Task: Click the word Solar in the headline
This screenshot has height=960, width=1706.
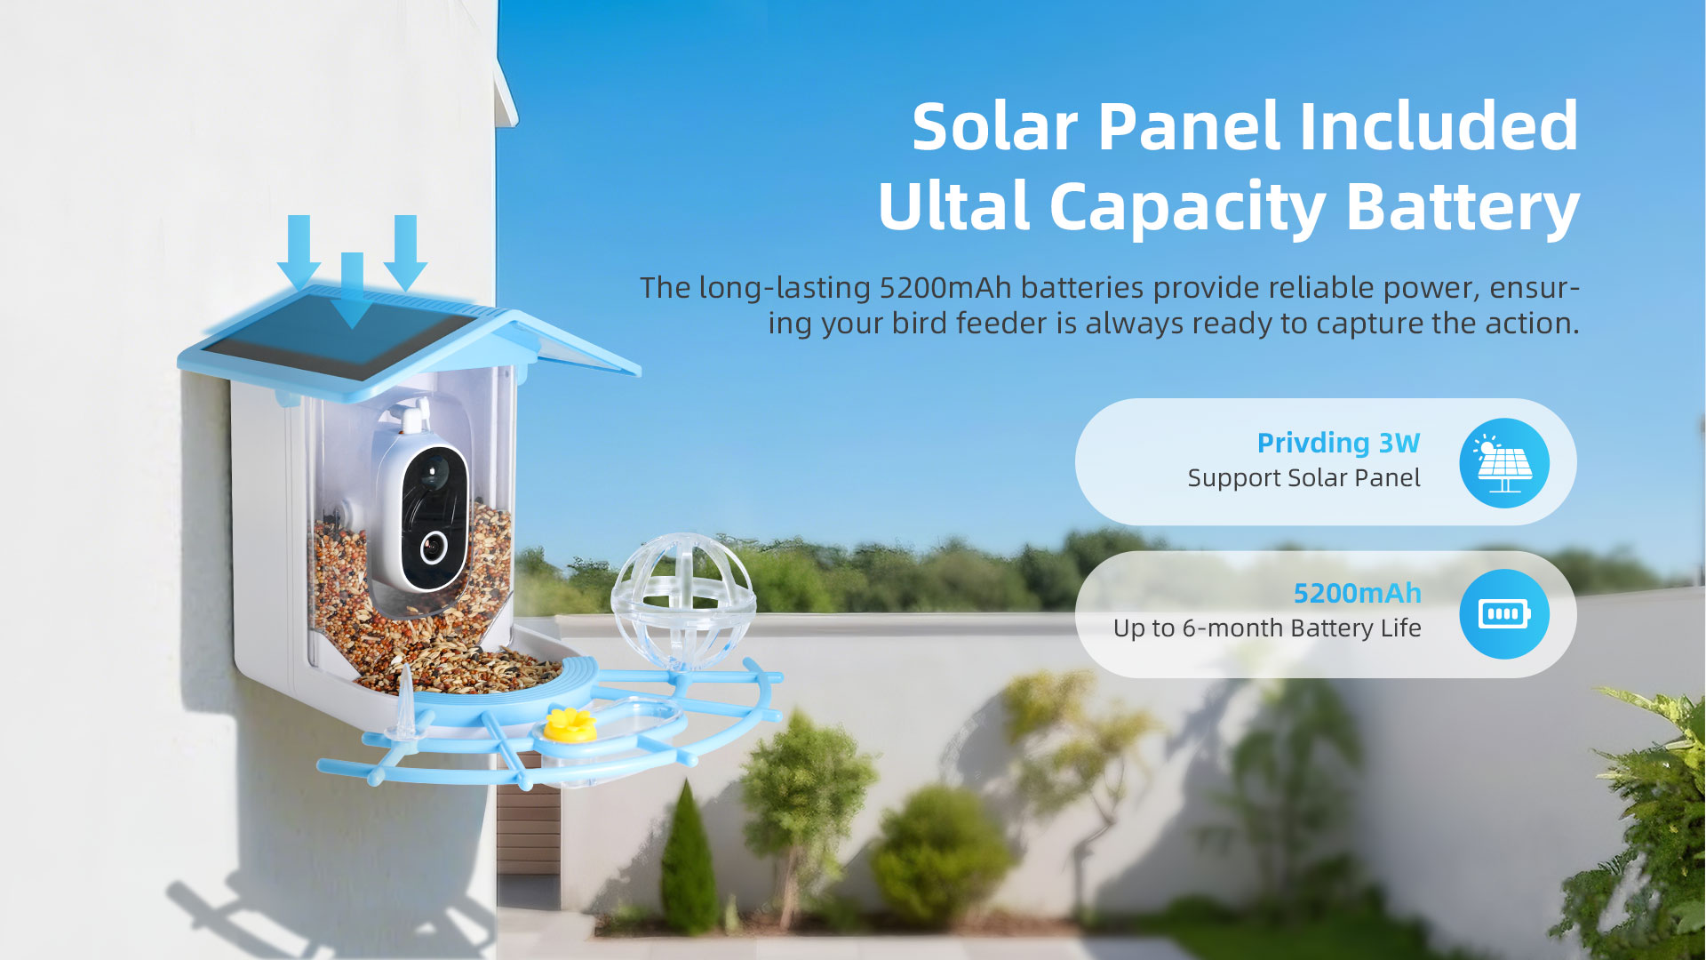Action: tap(995, 126)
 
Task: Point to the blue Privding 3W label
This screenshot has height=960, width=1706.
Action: tap(1338, 443)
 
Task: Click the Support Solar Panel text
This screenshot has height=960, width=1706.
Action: tap(1303, 478)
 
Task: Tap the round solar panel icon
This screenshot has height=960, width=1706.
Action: tap(1503, 463)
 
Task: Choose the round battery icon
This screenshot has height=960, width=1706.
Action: tap(1503, 614)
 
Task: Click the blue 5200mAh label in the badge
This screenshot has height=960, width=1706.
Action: tap(1357, 593)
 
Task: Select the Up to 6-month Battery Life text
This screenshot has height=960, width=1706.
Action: tap(1267, 628)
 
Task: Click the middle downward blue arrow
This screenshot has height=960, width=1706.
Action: tap(353, 291)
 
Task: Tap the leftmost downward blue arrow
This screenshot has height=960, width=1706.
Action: tap(299, 253)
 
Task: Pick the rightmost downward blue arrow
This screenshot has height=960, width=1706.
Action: tap(405, 253)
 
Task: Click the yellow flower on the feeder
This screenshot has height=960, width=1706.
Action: tap(570, 724)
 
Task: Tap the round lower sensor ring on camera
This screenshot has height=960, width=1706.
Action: tap(433, 547)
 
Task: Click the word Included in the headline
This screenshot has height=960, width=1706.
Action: tap(1439, 126)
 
